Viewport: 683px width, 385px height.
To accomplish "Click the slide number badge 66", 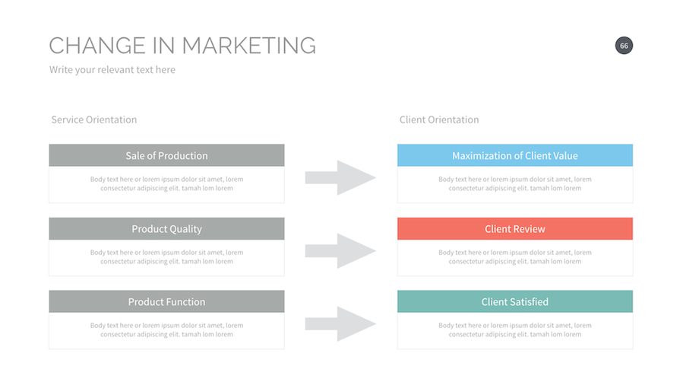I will click(x=624, y=46).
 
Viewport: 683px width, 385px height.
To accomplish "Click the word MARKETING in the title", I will click(x=248, y=46).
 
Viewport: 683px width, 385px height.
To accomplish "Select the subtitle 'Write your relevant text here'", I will click(x=112, y=70).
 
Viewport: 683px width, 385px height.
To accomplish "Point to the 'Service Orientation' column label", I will click(x=94, y=119).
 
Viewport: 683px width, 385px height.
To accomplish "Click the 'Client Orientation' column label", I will click(x=439, y=119).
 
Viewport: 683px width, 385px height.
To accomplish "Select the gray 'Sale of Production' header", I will click(x=166, y=155).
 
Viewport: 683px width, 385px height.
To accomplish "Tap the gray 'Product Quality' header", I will click(x=166, y=228).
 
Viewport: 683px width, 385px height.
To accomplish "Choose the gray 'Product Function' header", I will click(x=166, y=301).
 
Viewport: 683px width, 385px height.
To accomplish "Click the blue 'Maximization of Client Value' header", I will click(x=514, y=155).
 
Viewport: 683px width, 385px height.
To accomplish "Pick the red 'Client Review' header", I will click(x=514, y=228).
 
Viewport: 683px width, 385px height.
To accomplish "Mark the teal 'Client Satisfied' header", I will click(x=514, y=301).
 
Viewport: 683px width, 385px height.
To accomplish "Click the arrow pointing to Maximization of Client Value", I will click(x=340, y=177).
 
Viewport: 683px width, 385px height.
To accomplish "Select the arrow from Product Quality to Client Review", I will click(x=340, y=250).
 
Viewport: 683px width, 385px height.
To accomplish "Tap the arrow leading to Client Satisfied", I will click(x=340, y=323).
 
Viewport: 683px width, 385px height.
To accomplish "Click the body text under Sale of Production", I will click(x=166, y=184).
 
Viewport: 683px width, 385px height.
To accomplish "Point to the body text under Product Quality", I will click(x=166, y=257).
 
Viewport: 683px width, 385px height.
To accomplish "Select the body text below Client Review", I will click(x=514, y=257).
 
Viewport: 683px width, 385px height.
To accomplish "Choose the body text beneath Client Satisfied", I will click(x=514, y=330).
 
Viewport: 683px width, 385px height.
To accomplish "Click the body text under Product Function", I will click(x=166, y=330).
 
